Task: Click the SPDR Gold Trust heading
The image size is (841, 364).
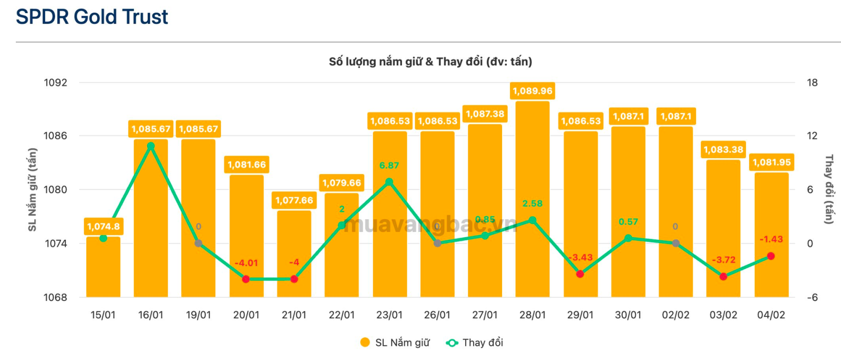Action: point(92,17)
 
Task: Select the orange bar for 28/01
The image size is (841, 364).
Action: point(532,200)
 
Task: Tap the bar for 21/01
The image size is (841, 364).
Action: point(294,255)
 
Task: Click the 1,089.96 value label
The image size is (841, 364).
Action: point(532,91)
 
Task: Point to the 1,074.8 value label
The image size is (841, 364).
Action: point(103,227)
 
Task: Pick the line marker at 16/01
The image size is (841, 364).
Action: point(151,146)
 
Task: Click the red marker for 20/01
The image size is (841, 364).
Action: point(246,279)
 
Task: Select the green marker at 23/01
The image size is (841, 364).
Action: point(389,182)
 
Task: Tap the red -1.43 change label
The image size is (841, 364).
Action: point(771,239)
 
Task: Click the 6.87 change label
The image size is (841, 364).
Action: point(389,165)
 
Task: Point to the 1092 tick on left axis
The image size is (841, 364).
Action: point(55,83)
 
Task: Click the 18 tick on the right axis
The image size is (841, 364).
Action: point(813,83)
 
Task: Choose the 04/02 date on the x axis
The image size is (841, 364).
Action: point(771,315)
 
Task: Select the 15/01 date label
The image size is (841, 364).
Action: point(103,315)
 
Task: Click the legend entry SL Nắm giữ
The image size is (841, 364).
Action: point(395,343)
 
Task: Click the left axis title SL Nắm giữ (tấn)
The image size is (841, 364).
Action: point(33,189)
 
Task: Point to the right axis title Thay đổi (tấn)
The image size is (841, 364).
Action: point(829,189)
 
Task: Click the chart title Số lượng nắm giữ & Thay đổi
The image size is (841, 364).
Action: point(430,62)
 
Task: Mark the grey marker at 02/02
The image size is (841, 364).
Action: point(676,243)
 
